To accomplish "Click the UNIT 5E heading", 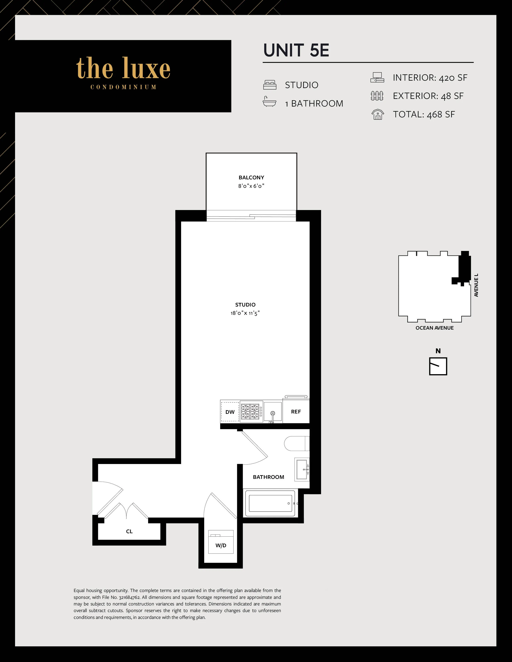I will tap(296, 50).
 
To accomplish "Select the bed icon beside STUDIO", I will tap(270, 85).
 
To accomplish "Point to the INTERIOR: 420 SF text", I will tap(430, 78).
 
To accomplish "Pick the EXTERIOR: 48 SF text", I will tap(428, 96).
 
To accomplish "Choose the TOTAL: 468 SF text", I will tap(424, 115).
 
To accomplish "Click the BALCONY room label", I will tap(251, 178).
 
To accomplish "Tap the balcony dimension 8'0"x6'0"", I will tap(251, 186).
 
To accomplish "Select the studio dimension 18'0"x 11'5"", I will tap(245, 313).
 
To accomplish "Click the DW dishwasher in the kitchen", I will tap(230, 412).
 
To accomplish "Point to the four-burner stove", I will tap(251, 412).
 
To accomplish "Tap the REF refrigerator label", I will tap(296, 412).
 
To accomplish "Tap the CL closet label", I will tap(129, 531).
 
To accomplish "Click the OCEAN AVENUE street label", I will tap(434, 328).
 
